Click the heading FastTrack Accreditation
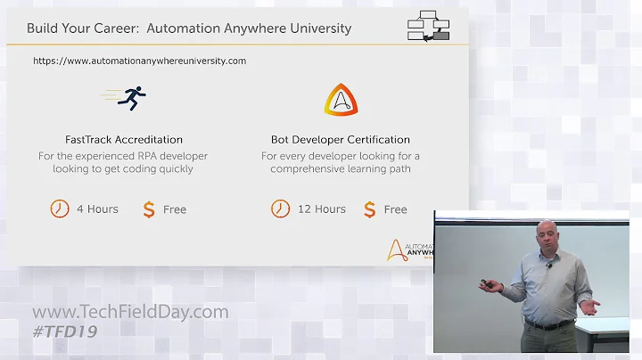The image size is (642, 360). coord(124,140)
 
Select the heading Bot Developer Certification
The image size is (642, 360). coord(341,140)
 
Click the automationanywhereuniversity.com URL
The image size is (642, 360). coord(140,61)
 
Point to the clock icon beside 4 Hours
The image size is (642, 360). coord(59,209)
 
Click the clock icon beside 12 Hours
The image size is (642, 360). coord(280,209)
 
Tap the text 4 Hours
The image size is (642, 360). coord(97,209)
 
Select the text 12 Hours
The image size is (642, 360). coord(321,209)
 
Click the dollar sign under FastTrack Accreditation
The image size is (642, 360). coord(149,209)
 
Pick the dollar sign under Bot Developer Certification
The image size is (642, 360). coord(369,209)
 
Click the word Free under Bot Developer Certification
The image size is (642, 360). coord(395,209)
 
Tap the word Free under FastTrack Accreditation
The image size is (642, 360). coord(175,209)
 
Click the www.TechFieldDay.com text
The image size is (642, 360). coord(130,313)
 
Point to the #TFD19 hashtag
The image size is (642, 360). coord(64,331)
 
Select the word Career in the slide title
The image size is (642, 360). coord(113,29)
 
